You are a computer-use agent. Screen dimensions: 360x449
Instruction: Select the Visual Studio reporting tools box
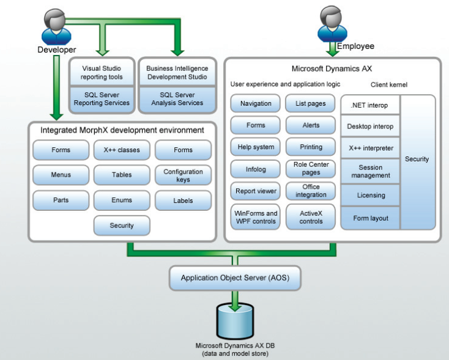tap(102, 73)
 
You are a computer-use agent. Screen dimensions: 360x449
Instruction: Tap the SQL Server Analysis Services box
tap(177, 99)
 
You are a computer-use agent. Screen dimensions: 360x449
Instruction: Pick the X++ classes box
tap(121, 150)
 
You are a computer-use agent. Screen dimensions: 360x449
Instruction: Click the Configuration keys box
tap(183, 175)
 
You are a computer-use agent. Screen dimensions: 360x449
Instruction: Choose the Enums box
tap(121, 200)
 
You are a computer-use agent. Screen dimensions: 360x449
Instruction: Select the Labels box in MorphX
tap(183, 200)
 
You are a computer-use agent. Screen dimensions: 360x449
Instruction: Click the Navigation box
tap(255, 104)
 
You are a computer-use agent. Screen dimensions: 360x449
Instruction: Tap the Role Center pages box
tap(311, 168)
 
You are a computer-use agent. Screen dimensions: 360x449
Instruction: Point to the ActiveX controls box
tap(311, 218)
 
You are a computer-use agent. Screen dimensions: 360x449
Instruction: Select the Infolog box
tap(255, 169)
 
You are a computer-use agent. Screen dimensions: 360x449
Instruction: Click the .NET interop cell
tap(371, 106)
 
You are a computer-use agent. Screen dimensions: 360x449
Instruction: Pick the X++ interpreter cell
tap(371, 148)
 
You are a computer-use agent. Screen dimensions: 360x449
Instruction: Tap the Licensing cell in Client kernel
tap(371, 196)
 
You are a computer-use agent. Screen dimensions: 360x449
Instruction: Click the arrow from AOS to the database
tap(236, 299)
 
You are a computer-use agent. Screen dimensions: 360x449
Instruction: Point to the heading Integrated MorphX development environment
tap(122, 130)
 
